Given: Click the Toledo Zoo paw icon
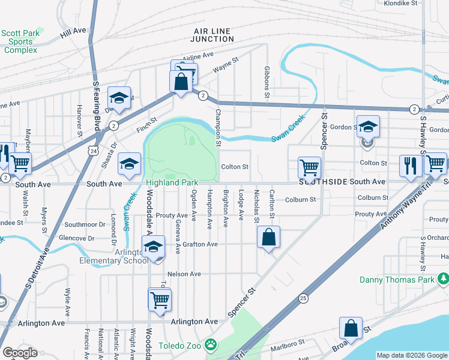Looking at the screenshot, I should pyautogui.click(x=211, y=345).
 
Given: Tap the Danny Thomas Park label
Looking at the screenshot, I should pyautogui.click(x=396, y=280).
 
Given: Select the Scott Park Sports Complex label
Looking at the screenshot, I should pyautogui.click(x=21, y=41).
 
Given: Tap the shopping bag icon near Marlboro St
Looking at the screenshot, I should pyautogui.click(x=351, y=329).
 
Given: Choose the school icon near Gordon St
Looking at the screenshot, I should pyautogui.click(x=368, y=127).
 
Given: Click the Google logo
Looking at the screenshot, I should pyautogui.click(x=20, y=353).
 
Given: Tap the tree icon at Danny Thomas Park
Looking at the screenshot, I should pyautogui.click(x=443, y=279).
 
